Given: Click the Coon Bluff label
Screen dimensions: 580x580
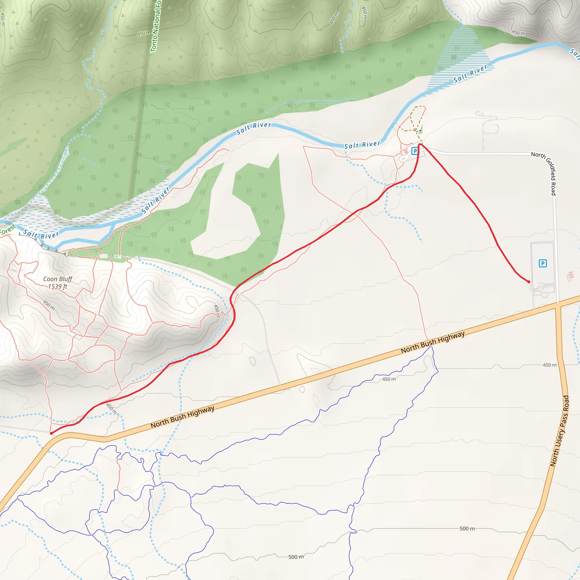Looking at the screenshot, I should coord(58,279).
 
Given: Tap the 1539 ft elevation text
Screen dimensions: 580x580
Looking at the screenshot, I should coord(58,286).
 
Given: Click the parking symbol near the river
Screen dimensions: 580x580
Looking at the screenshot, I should coord(415,151).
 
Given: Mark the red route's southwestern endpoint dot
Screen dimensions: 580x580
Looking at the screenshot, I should coord(51,433).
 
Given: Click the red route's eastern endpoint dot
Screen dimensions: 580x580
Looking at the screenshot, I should coord(529,282).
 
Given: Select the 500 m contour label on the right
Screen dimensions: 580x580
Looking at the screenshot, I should coord(467,528).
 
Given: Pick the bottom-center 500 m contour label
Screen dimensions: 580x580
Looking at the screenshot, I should coord(296,557).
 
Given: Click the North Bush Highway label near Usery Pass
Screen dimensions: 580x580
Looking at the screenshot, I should coord(433,342).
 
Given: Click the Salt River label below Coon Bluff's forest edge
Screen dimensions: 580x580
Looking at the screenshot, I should coord(41,234).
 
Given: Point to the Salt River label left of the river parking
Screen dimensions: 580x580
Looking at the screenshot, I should coord(362,145).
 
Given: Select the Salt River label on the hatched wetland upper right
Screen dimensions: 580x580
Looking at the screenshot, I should coord(470,74).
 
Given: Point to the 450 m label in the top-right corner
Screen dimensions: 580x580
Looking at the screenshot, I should coord(519,32).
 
